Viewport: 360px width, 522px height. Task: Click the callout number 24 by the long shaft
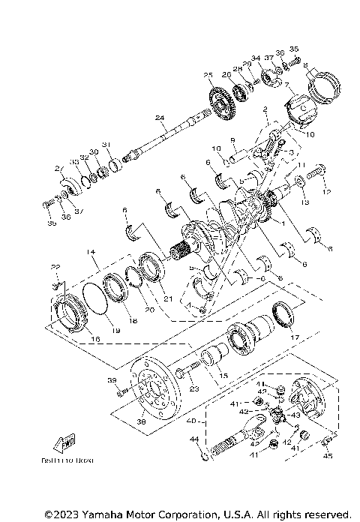pyautogui.click(x=159, y=118)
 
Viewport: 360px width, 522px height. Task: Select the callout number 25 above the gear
pyautogui.click(x=208, y=75)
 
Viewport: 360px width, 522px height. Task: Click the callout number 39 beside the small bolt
pyautogui.click(x=112, y=381)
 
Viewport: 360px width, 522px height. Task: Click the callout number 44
pyautogui.click(x=193, y=439)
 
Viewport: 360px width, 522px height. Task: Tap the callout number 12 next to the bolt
pyautogui.click(x=325, y=192)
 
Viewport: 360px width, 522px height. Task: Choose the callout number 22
pyautogui.click(x=55, y=268)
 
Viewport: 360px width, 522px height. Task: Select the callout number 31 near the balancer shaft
pyautogui.click(x=106, y=144)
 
